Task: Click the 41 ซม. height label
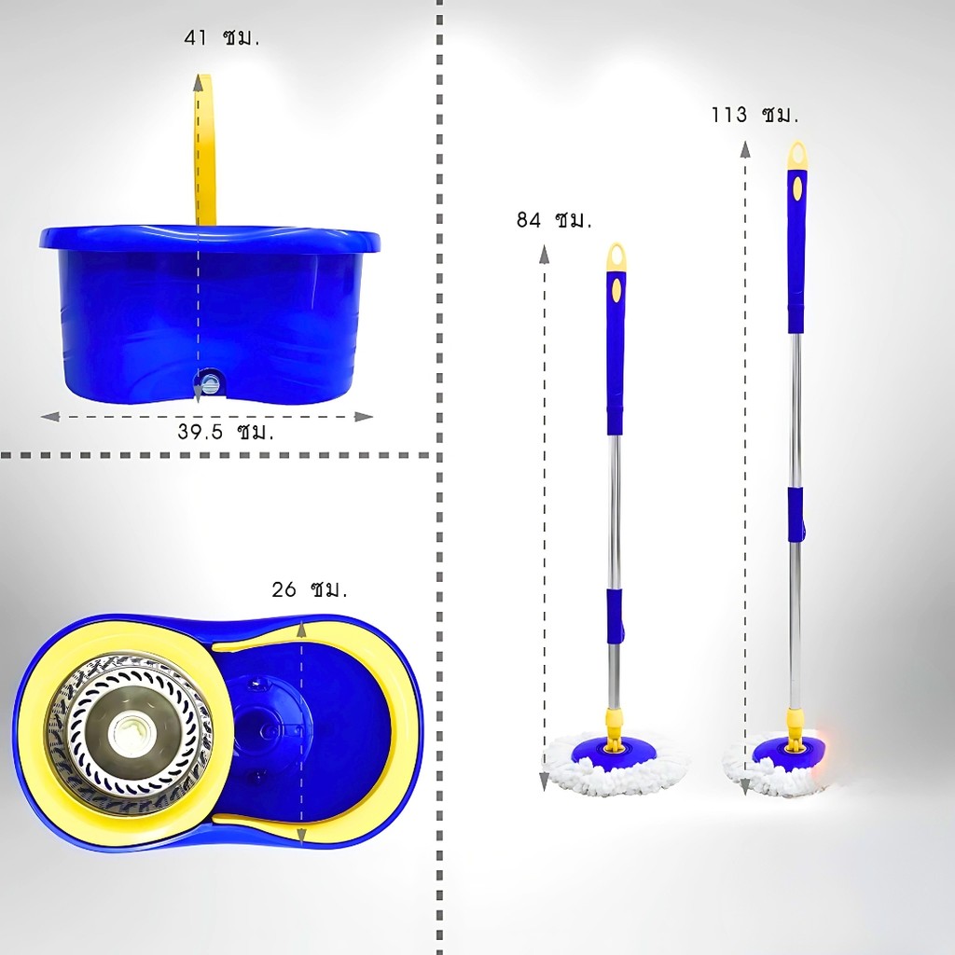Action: [222, 37]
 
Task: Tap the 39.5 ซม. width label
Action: [226, 431]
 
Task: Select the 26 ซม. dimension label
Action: [310, 589]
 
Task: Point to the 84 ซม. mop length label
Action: [554, 219]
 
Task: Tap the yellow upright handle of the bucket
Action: [206, 149]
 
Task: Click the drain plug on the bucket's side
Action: [210, 384]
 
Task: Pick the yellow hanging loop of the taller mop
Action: [797, 156]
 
